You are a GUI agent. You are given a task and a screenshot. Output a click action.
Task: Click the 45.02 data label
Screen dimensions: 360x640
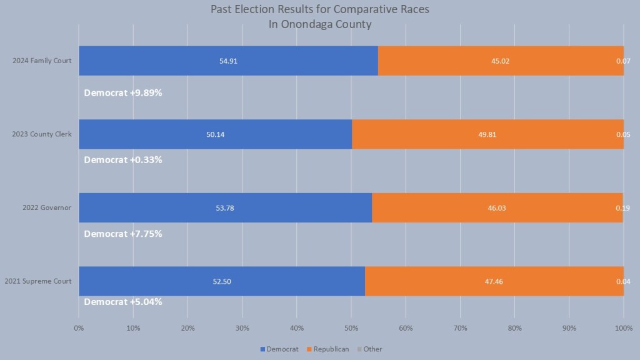[499, 61]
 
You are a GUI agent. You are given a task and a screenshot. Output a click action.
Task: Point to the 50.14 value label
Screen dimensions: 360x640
[216, 134]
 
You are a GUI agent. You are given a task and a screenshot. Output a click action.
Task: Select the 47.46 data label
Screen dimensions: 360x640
[493, 281]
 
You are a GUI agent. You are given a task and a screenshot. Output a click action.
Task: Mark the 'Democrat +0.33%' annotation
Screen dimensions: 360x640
[123, 159]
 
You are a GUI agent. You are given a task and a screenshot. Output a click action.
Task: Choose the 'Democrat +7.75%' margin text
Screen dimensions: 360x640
[123, 234]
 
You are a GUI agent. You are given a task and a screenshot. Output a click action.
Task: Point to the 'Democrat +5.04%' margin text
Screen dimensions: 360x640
[123, 302]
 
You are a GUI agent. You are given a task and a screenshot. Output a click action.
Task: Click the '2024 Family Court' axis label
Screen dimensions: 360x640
[42, 61]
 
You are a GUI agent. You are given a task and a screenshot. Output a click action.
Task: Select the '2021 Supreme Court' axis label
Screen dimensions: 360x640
[38, 281]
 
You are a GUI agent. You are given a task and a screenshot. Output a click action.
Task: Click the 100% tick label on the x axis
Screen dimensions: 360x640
[623, 327]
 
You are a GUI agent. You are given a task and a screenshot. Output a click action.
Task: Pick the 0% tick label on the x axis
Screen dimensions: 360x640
[79, 327]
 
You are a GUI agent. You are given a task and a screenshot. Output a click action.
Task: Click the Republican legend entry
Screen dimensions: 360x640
[331, 349]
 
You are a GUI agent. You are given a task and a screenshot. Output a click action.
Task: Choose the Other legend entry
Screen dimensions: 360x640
[372, 349]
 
